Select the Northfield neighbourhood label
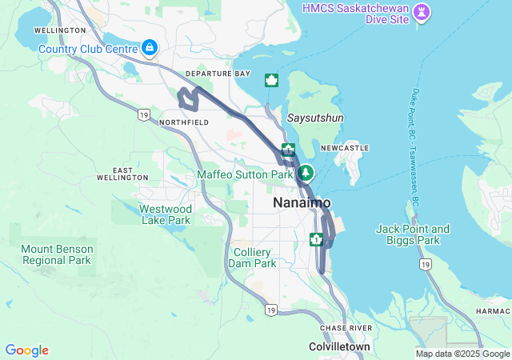[x=184, y=122]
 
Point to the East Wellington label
[x=130, y=174]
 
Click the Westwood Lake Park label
[x=166, y=214]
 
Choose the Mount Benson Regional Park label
[x=57, y=254]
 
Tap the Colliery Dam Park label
[x=253, y=258]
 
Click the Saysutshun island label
[x=315, y=118]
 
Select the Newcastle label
[x=344, y=149]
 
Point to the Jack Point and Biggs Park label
[x=413, y=234]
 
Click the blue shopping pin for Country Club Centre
[x=149, y=49]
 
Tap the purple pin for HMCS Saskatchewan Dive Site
[x=423, y=12]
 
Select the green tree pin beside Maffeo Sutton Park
[x=306, y=173]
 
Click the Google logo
[x=26, y=350]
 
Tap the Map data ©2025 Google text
[x=462, y=354]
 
